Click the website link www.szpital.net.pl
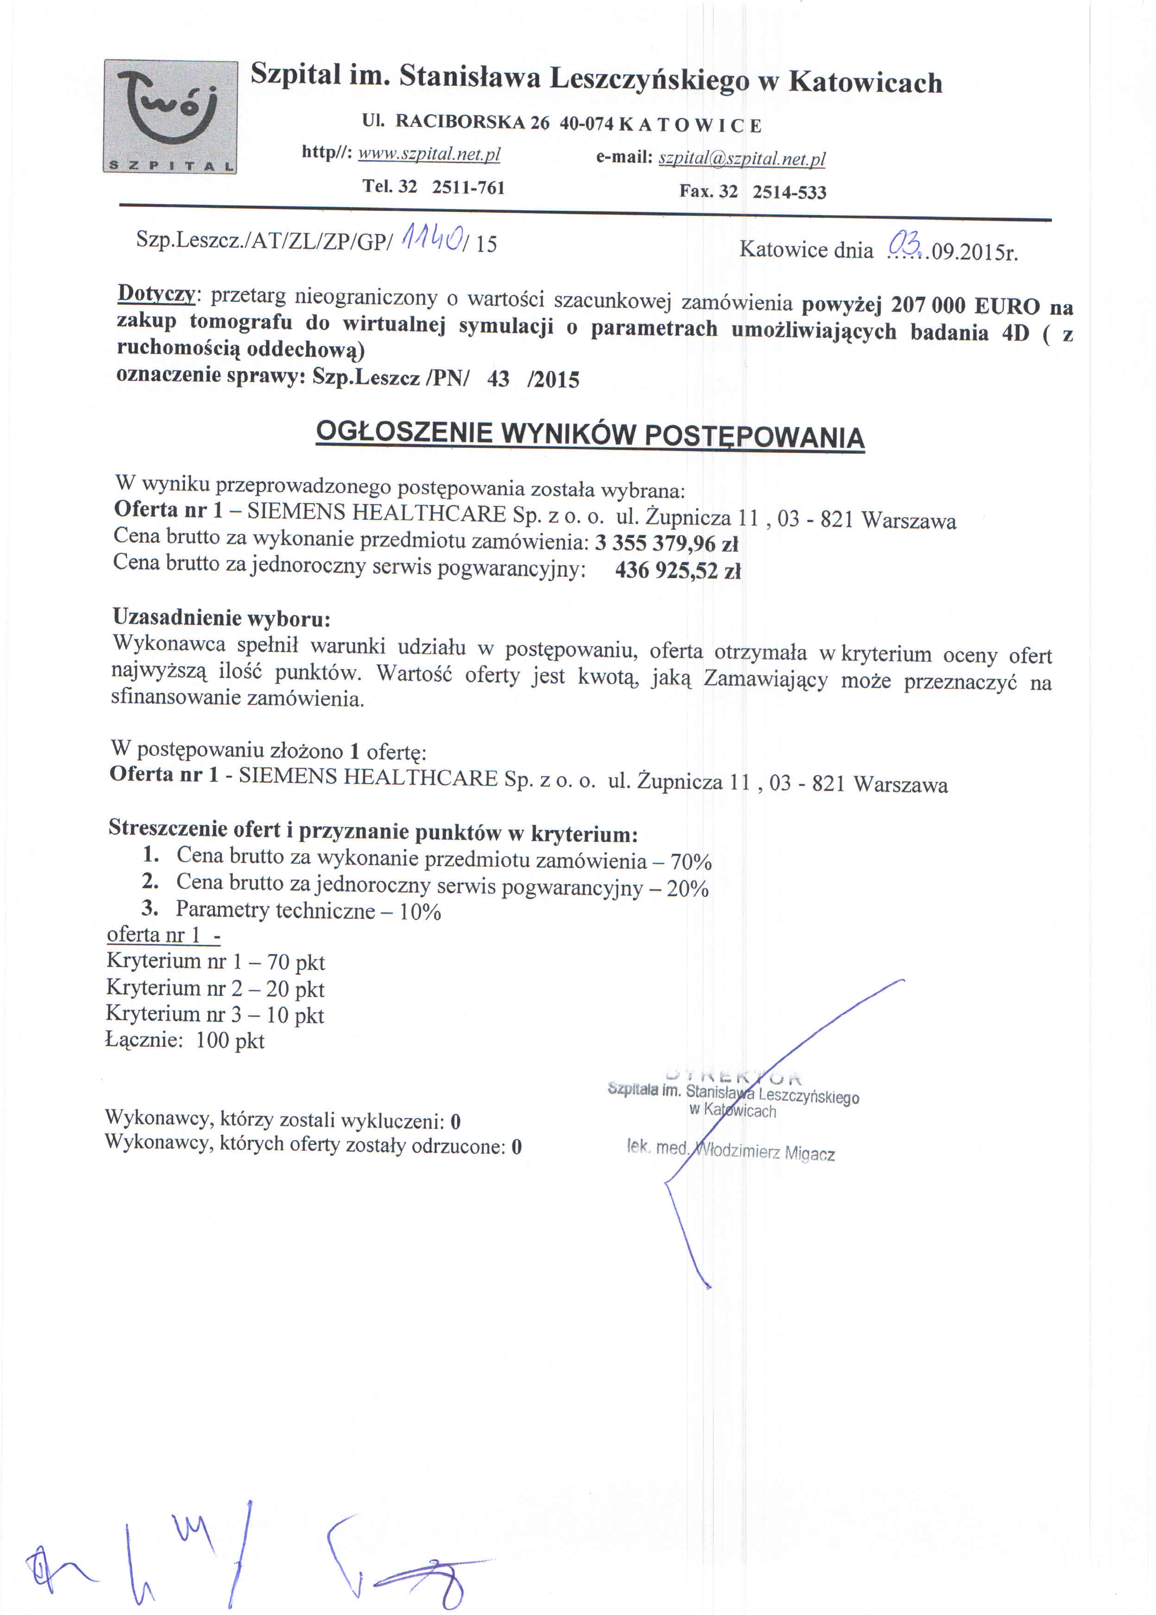pos(429,154)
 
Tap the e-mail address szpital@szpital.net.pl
pos(741,159)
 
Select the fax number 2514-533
pos(789,192)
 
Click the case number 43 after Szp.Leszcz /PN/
pos(498,379)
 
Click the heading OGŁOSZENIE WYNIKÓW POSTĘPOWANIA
pos(590,434)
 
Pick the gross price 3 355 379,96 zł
pos(666,543)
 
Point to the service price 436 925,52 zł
pos(678,570)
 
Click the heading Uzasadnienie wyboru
pos(221,617)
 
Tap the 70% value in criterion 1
pos(691,862)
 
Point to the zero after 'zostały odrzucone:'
pos(517,1146)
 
